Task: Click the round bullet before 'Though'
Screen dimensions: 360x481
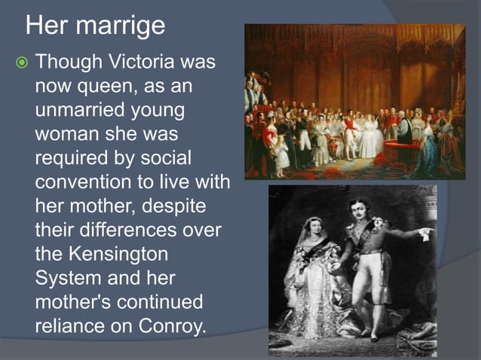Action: [22, 62]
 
